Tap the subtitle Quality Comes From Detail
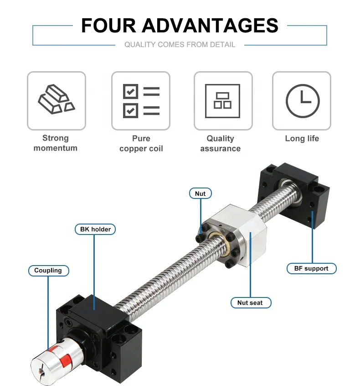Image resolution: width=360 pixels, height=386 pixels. click(x=180, y=45)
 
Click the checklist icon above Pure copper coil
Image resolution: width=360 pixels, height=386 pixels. click(x=141, y=101)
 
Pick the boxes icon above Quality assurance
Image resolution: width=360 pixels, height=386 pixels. click(x=222, y=101)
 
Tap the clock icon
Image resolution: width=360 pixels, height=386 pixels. click(x=302, y=101)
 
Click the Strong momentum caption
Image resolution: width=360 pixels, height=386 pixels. click(x=56, y=143)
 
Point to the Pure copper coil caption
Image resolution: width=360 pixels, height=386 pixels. click(x=141, y=143)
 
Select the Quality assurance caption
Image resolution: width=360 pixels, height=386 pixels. click(x=221, y=143)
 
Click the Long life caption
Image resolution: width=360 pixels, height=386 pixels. click(x=302, y=138)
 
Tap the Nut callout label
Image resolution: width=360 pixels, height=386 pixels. click(x=200, y=193)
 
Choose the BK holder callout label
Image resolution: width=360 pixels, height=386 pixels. click(x=95, y=229)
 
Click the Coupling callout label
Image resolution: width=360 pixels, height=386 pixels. click(x=48, y=271)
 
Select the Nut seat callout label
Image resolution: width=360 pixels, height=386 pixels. click(x=250, y=303)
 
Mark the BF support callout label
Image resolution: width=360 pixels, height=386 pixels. click(x=311, y=268)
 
